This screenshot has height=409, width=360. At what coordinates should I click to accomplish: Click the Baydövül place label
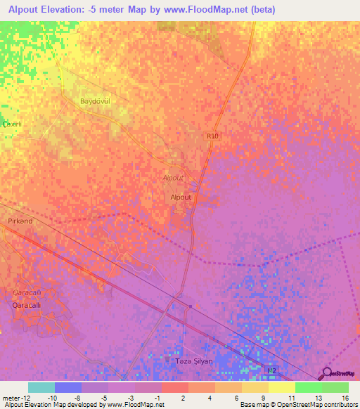coord(96,102)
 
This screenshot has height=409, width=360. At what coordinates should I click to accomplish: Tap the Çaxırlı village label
coord(13,124)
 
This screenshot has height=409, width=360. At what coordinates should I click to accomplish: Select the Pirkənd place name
coord(20,221)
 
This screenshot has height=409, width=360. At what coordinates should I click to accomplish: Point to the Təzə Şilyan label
coord(192,361)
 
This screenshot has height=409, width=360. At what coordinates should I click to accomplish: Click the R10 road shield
coord(213,136)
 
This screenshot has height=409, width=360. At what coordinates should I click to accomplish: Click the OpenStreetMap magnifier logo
coord(327,374)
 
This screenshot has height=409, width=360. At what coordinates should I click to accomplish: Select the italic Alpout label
coord(173,178)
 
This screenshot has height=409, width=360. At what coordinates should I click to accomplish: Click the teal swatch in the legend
coord(41,387)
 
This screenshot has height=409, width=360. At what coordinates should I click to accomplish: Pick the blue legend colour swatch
coord(68,387)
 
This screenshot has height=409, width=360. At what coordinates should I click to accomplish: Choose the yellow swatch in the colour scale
coord(282,387)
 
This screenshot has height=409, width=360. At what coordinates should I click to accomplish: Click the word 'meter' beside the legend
coord(10,397)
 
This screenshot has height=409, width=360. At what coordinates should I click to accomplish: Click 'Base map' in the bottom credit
coord(253,405)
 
